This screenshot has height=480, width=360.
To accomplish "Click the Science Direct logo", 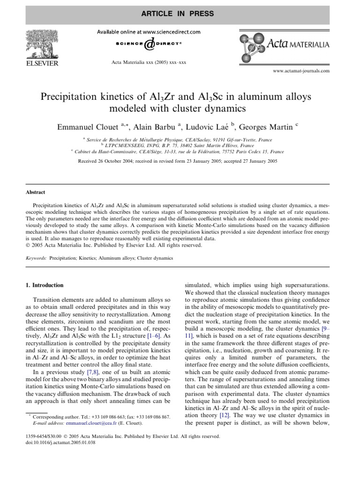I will click(x=149, y=45).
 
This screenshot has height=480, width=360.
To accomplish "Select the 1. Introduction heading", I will click(x=47, y=285).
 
